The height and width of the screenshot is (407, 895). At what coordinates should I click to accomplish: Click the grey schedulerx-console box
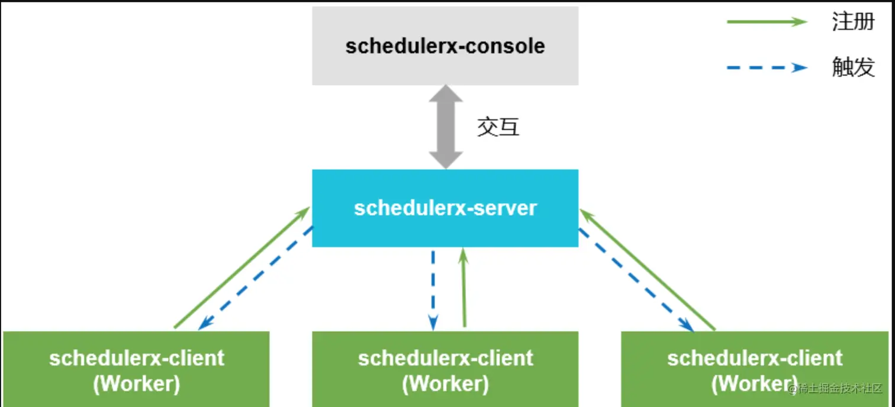tap(445, 46)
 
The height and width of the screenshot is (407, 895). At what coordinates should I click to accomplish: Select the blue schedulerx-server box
tap(445, 208)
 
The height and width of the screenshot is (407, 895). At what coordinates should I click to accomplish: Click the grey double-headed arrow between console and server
tap(445, 127)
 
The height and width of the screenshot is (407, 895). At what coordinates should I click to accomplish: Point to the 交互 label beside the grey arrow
tap(498, 127)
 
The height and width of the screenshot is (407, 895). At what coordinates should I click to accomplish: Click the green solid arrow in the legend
tap(767, 22)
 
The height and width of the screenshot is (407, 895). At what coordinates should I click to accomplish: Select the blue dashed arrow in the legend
tap(767, 67)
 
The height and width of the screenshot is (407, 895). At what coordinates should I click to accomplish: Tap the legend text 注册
tap(853, 22)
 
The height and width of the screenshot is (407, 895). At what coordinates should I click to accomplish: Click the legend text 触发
tap(853, 67)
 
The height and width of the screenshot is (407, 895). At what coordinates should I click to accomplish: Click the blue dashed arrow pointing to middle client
tap(433, 290)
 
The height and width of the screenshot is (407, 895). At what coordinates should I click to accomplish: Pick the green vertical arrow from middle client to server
tap(463, 290)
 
